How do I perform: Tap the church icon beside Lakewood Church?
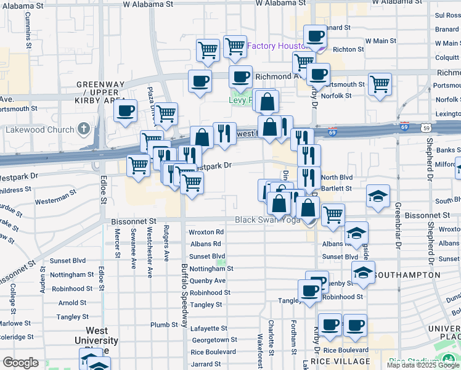(x=84, y=129)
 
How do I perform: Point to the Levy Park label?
(x=240, y=99)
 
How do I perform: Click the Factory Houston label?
(x=277, y=46)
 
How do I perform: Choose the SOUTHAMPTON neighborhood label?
(x=407, y=274)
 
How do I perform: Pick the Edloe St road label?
(x=102, y=191)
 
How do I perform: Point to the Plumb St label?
(x=165, y=325)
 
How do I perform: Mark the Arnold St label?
(x=72, y=303)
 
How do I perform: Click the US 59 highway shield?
(x=425, y=127)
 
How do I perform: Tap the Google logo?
(x=20, y=363)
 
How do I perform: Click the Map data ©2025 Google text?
(x=423, y=365)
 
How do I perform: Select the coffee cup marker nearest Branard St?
(x=316, y=37)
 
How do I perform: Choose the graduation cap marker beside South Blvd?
(x=377, y=197)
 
